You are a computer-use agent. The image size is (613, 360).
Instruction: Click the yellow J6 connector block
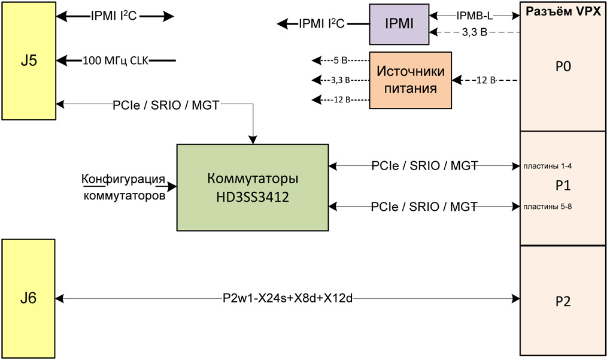pyautogui.click(x=29, y=298)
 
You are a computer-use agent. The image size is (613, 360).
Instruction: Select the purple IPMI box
pyautogui.click(x=399, y=24)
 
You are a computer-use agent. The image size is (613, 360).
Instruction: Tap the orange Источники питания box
pyautogui.click(x=410, y=80)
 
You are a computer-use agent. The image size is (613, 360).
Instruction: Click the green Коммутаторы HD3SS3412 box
pyautogui.click(x=252, y=187)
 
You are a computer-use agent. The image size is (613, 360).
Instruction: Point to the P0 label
pyautogui.click(x=563, y=66)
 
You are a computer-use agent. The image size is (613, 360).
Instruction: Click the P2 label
pyautogui.click(x=563, y=301)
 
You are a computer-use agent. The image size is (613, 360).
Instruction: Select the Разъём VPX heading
pyautogui.click(x=563, y=11)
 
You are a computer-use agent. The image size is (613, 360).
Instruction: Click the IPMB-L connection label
pyautogui.click(x=474, y=16)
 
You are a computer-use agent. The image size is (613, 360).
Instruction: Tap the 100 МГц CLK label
pyautogui.click(x=115, y=60)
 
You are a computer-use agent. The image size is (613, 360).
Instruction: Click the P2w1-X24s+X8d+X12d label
pyautogui.click(x=287, y=298)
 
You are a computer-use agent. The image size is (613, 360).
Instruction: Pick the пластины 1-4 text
pyautogui.click(x=548, y=166)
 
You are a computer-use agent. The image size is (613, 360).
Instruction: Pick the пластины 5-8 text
pyautogui.click(x=548, y=207)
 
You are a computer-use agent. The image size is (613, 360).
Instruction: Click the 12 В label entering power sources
pyautogui.click(x=485, y=80)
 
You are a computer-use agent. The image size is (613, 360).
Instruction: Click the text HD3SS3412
pyautogui.click(x=253, y=196)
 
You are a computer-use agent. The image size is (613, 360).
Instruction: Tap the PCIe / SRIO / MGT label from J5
pyautogui.click(x=166, y=105)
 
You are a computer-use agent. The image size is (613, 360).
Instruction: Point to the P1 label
pyautogui.click(x=563, y=186)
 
